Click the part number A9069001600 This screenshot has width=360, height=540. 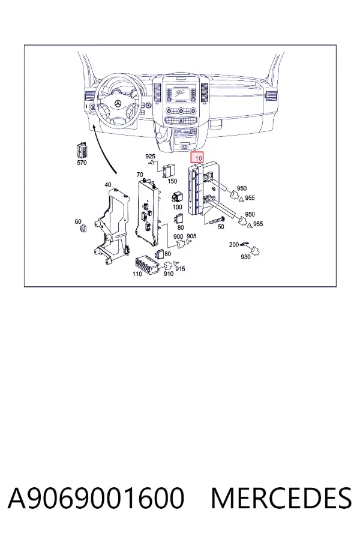pyautogui.click(x=96, y=498)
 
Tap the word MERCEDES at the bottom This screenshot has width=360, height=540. pyautogui.click(x=281, y=498)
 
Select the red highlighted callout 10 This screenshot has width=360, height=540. pyautogui.click(x=197, y=157)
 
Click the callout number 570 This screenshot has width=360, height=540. pyautogui.click(x=82, y=163)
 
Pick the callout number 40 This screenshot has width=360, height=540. pyautogui.click(x=108, y=185)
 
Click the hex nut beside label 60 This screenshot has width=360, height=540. pyautogui.click(x=83, y=228)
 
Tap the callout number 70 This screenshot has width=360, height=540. pyautogui.click(x=140, y=175)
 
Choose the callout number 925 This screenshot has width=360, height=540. pyautogui.click(x=150, y=157)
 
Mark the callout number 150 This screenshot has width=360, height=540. pyautogui.click(x=172, y=181)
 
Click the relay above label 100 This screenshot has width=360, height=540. pyautogui.click(x=177, y=197)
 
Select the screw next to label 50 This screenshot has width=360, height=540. pyautogui.click(x=217, y=220)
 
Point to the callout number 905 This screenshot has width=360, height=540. pyautogui.click(x=191, y=236)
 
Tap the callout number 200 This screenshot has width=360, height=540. pyautogui.click(x=234, y=245)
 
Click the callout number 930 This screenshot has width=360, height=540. pyautogui.click(x=245, y=257)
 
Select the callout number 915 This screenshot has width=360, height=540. pyautogui.click(x=180, y=269)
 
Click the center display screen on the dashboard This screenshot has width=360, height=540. pyautogui.click(x=180, y=92)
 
